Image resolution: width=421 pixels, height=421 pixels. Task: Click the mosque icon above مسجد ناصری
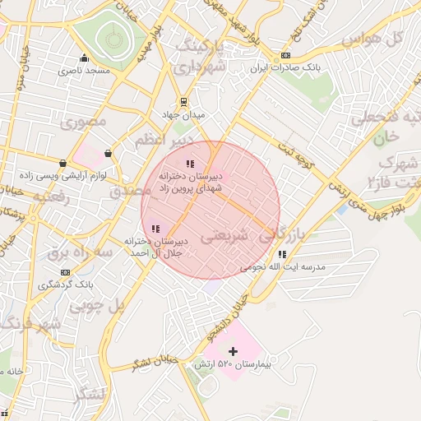(x=84, y=58)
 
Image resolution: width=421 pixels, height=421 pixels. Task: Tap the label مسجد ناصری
(x=84, y=71)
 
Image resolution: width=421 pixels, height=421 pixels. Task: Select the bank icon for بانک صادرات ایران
(x=285, y=56)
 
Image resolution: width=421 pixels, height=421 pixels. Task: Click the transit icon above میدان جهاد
(x=184, y=103)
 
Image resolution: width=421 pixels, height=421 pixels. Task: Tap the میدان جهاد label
(x=184, y=114)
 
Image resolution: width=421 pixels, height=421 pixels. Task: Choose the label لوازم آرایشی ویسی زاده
(x=79, y=175)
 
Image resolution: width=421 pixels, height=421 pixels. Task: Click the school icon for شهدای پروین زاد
(x=191, y=164)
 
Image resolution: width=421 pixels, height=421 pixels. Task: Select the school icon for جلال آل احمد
(x=155, y=229)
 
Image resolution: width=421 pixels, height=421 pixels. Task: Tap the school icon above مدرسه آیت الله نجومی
(x=282, y=254)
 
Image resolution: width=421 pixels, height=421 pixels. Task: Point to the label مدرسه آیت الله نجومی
(x=282, y=267)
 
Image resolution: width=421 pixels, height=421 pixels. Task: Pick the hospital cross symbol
(x=233, y=351)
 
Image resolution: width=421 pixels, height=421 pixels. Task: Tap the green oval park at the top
(x=112, y=37)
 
